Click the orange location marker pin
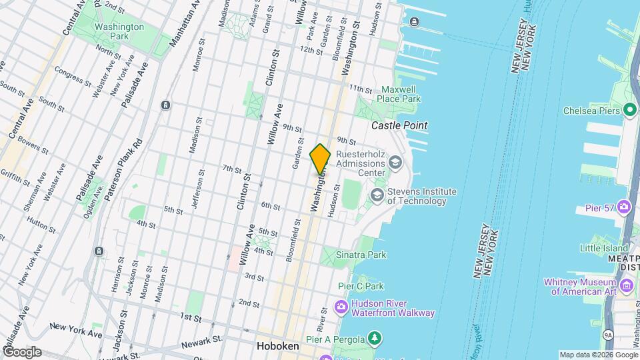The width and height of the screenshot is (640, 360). point(320,159)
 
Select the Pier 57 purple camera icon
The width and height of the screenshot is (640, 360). point(625,207)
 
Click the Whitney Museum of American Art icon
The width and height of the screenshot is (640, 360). point(626,286)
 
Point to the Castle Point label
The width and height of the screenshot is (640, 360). point(399,125)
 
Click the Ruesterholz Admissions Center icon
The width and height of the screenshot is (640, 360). point(395,162)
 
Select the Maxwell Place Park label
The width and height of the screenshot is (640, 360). point(401,94)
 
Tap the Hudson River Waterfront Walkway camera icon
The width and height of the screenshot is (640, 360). point(341,307)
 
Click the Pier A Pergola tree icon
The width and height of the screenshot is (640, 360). point(376,338)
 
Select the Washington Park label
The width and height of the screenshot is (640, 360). point(110,31)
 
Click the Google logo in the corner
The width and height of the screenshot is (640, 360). point(21,351)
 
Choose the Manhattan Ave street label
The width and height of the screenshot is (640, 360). point(185,25)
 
